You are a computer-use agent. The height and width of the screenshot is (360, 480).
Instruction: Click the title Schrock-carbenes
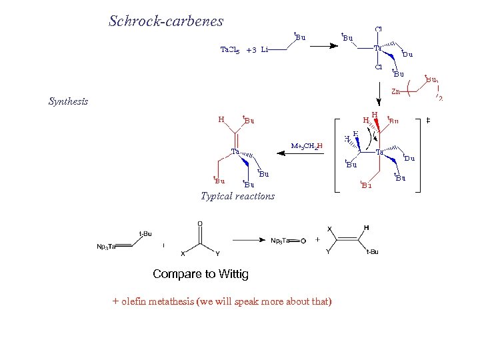[x=166, y=21]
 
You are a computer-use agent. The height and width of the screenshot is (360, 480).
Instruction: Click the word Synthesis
[x=68, y=102]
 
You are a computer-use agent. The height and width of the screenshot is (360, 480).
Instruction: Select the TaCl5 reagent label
[x=230, y=49]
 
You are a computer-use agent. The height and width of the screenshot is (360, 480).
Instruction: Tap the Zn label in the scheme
[x=395, y=91]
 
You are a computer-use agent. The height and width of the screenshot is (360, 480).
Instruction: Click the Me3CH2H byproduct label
[x=307, y=146]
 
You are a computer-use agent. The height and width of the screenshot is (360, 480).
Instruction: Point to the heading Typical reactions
[x=237, y=196]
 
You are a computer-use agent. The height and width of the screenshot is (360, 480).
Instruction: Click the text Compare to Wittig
[x=200, y=274]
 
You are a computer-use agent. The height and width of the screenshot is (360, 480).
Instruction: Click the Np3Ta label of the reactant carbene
[x=107, y=247]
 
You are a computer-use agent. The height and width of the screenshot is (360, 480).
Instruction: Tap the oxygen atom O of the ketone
[x=200, y=224]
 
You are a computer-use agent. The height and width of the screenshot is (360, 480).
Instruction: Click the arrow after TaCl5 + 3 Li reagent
[x=324, y=46]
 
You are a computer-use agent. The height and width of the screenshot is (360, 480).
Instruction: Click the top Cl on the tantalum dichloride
[x=378, y=29]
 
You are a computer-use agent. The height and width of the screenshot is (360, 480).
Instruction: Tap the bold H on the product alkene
[x=366, y=228]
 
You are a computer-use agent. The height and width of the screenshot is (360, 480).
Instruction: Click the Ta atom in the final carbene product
[x=235, y=151]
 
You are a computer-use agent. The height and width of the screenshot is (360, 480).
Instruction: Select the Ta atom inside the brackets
[x=379, y=153]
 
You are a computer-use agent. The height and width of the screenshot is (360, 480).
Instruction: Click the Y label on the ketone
[x=217, y=253]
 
